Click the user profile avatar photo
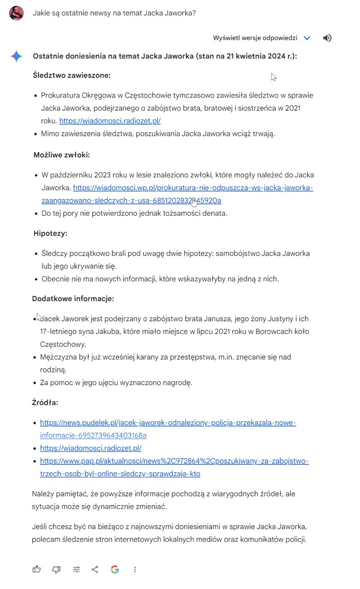point(16,13)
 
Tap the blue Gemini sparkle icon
point(17,56)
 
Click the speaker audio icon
point(327,38)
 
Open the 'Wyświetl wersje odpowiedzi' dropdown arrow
point(307,38)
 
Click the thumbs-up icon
point(36,570)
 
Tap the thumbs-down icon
point(56,570)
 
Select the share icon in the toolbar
point(95,570)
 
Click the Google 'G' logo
point(115,570)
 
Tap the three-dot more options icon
point(135,570)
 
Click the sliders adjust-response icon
point(76,570)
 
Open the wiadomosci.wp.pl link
point(193,188)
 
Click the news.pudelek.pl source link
point(168,423)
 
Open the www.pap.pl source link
point(174,461)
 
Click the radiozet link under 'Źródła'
point(91,448)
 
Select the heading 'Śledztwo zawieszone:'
point(72,75)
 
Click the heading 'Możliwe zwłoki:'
point(62,155)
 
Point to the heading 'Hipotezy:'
point(50,233)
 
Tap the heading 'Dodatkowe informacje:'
point(73,298)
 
